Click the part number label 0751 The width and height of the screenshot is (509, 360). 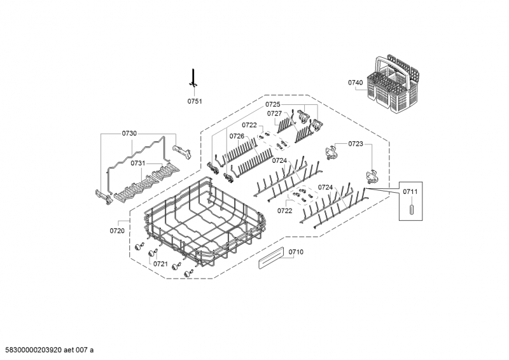tap(194, 101)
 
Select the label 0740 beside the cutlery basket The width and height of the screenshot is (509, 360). tap(355, 83)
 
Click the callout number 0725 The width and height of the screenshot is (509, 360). tap(273, 104)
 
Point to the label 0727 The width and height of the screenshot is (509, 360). tap(274, 114)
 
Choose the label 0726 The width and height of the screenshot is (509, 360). tap(237, 136)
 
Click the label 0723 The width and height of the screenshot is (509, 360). tap(356, 144)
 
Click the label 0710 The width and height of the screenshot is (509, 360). tap(296, 253)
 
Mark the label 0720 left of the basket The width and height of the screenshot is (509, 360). tap(117, 231)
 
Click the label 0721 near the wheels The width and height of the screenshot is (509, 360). tap(160, 264)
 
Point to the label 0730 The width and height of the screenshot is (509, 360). tap(129, 134)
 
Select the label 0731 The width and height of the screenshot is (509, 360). tap(139, 163)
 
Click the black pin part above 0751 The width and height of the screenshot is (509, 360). tap(193, 78)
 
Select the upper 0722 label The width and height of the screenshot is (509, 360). tap(249, 125)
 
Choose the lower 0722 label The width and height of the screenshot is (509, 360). tap(285, 210)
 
